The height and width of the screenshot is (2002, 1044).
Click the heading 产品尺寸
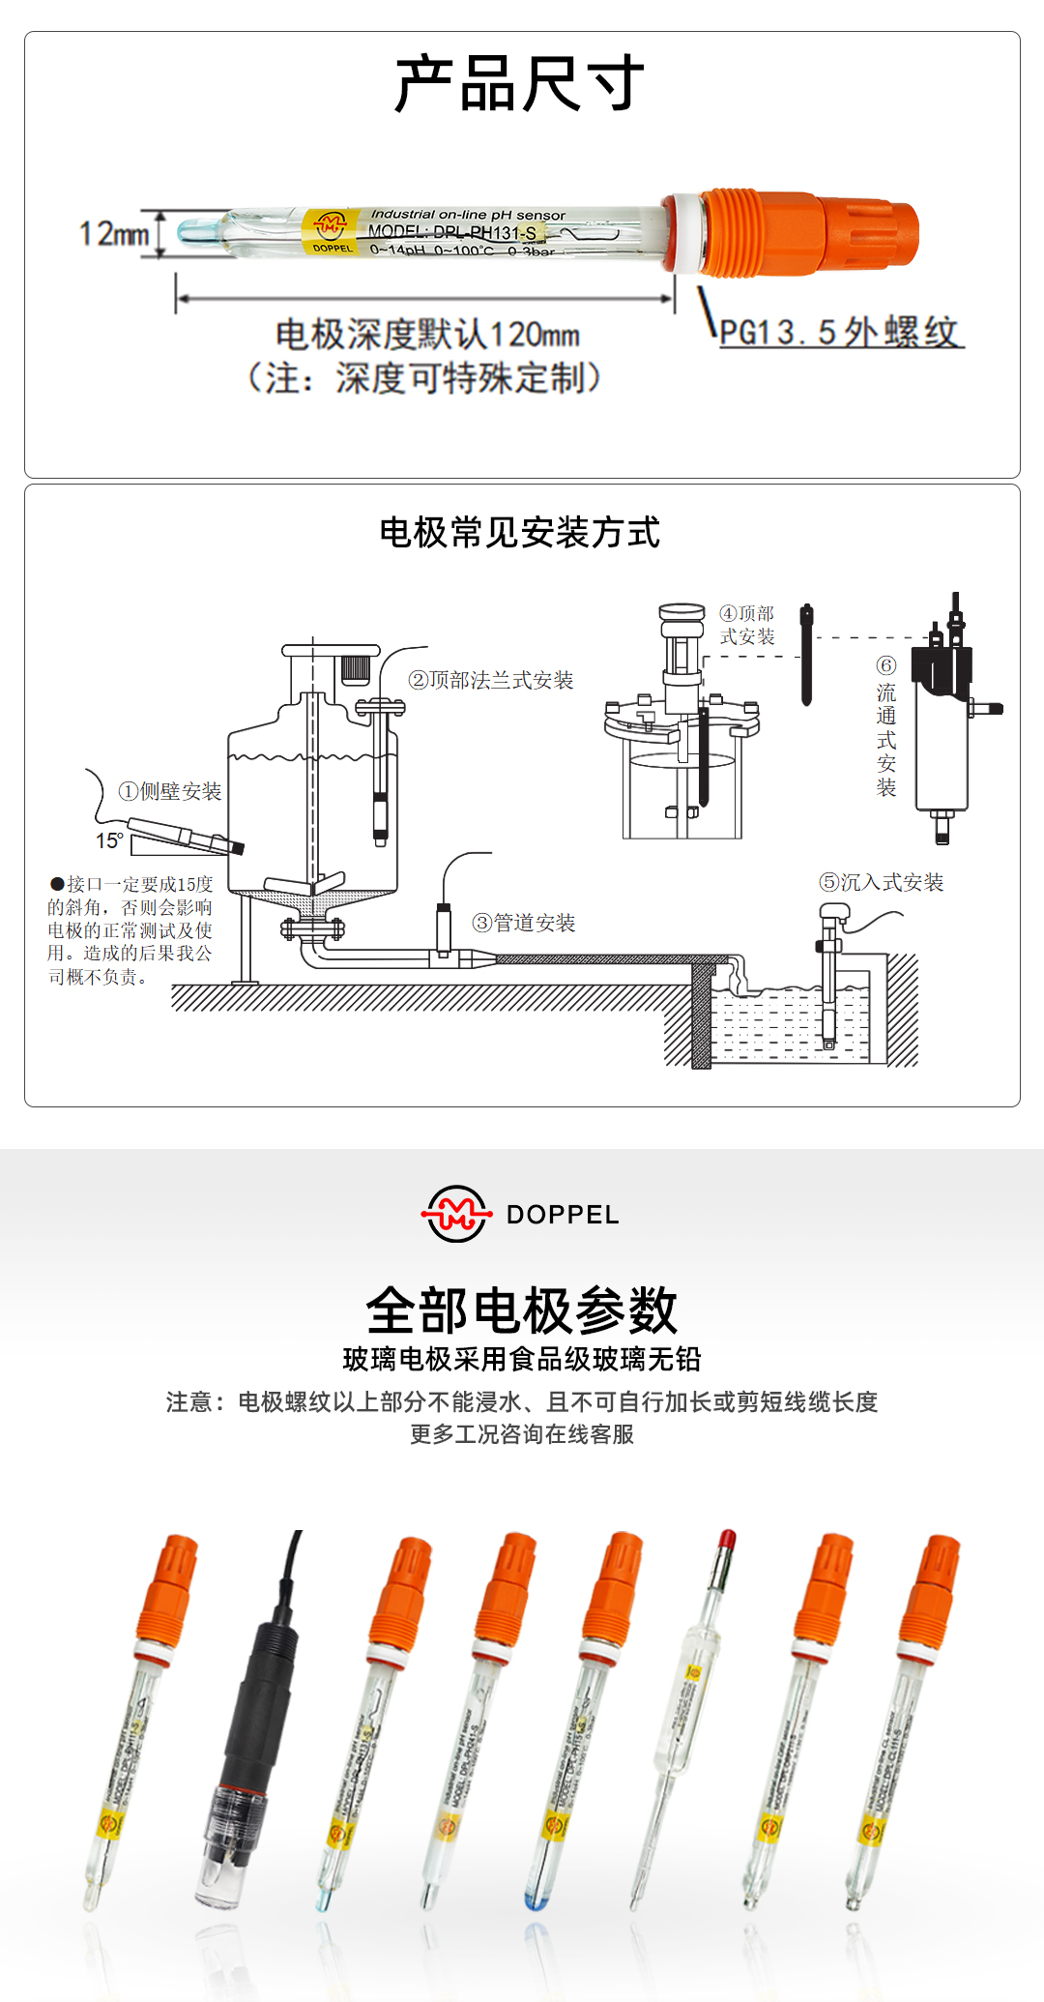pyautogui.click(x=520, y=84)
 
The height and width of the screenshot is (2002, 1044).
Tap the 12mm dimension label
pyautogui.click(x=113, y=234)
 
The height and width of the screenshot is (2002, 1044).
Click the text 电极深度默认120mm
pyautogui.click(x=427, y=335)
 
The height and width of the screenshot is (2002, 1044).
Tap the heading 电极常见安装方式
pyautogui.click(x=520, y=533)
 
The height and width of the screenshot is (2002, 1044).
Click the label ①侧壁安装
pyautogui.click(x=170, y=791)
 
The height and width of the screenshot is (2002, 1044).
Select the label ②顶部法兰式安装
pyautogui.click(x=491, y=680)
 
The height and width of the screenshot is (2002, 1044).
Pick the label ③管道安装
pyautogui.click(x=524, y=923)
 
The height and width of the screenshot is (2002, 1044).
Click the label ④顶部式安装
pyautogui.click(x=747, y=625)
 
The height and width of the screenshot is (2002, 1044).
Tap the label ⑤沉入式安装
pyautogui.click(x=882, y=882)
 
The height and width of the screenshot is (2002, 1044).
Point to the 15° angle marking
pyautogui.click(x=108, y=840)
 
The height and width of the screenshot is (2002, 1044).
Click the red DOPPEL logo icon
pyautogui.click(x=455, y=1214)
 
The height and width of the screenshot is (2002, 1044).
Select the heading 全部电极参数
pyautogui.click(x=522, y=1310)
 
